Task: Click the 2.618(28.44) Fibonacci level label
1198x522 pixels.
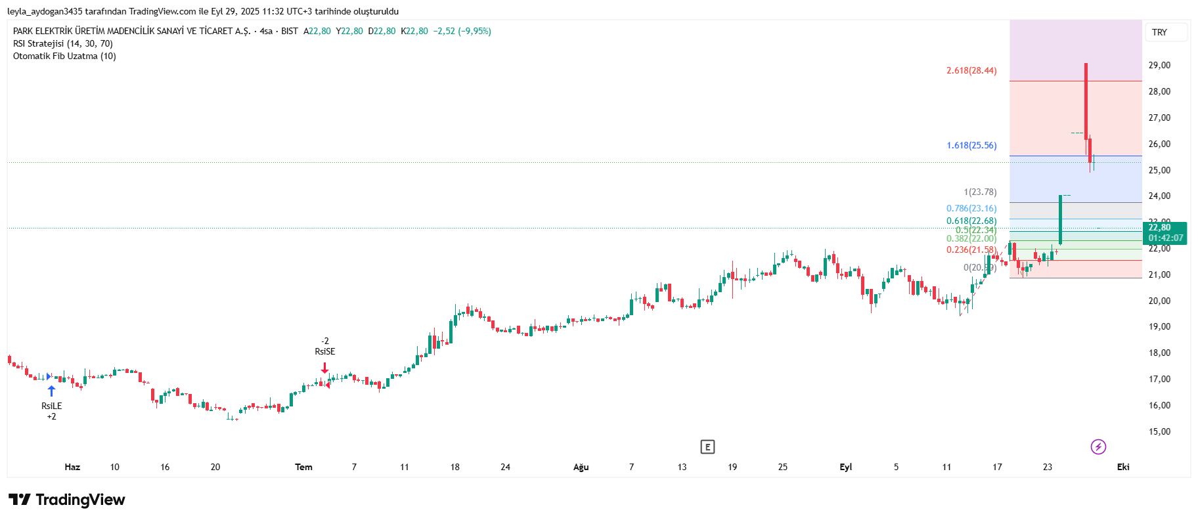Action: coord(971,70)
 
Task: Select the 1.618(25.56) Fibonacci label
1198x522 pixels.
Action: coord(971,145)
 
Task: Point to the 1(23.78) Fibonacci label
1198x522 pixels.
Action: coord(980,192)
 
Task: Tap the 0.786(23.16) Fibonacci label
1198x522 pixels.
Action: coord(971,208)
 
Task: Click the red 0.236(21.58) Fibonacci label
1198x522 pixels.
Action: coord(971,250)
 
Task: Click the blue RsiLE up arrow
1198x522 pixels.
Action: coord(51,391)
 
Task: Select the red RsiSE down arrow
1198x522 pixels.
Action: coord(324,368)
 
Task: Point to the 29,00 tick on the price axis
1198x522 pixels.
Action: coord(1159,65)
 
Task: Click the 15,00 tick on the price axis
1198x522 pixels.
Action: coord(1159,431)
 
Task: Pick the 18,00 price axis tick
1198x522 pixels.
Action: coord(1159,353)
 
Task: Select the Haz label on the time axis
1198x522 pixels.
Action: coord(72,467)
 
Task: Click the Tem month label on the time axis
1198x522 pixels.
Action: coord(303,467)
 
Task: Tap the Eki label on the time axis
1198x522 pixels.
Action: coord(1123,467)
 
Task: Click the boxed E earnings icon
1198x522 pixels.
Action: coord(707,447)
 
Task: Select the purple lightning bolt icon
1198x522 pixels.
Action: coord(1098,447)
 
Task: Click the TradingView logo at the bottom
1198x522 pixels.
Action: coord(67,500)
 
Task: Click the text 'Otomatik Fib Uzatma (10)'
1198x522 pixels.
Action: coord(64,56)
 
